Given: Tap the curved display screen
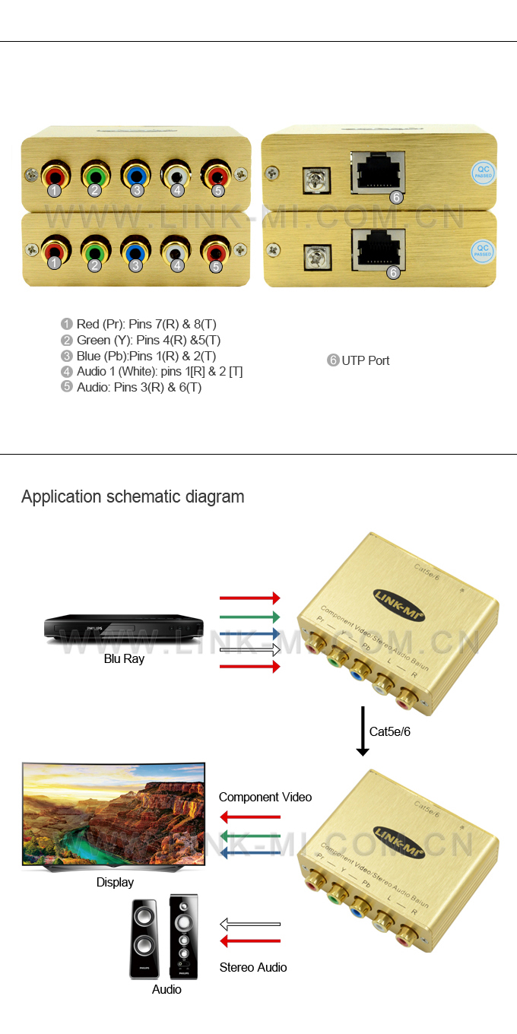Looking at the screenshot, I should coord(114,814).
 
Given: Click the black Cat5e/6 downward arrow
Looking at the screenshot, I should coord(363,731).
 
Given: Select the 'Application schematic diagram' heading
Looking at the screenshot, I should coord(133,496).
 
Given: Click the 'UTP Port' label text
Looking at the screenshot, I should coord(365,360).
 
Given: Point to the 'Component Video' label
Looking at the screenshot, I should coord(265,797).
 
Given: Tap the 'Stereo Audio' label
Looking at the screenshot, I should coord(253,967).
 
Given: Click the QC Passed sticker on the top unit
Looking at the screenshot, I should coord(483,172).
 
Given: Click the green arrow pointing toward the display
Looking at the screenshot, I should coord(250,836).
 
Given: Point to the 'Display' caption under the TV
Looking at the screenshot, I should coord(115,882).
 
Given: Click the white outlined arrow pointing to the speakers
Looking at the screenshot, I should coord(250,925).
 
